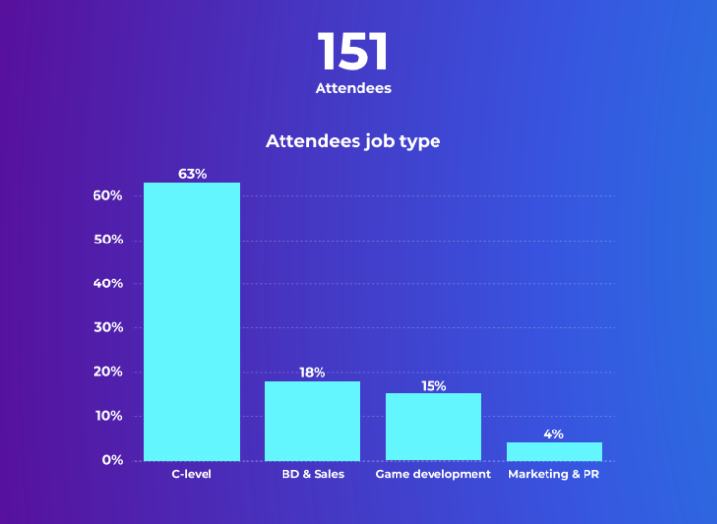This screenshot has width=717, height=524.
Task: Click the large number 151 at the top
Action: pyautogui.click(x=353, y=53)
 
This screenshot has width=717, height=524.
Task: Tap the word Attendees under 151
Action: pyautogui.click(x=353, y=88)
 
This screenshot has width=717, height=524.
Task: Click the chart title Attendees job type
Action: pyautogui.click(x=353, y=141)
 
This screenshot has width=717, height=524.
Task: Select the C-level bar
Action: pyautogui.click(x=192, y=321)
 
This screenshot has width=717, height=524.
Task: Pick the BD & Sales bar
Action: pyautogui.click(x=313, y=420)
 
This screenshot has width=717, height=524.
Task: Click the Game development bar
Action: pyautogui.click(x=434, y=427)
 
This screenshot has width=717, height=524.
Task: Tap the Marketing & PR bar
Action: pyautogui.click(x=554, y=451)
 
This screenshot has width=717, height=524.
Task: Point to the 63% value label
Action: pyautogui.click(x=192, y=174)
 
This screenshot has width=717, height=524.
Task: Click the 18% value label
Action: pyautogui.click(x=313, y=372)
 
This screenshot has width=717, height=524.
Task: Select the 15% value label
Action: pyautogui.click(x=434, y=386)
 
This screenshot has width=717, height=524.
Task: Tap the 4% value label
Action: pyautogui.click(x=553, y=434)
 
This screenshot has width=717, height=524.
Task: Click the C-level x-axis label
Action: pyautogui.click(x=192, y=475)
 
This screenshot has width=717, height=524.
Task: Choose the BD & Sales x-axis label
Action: pyautogui.click(x=313, y=475)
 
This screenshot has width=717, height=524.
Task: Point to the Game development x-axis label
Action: pyautogui.click(x=434, y=475)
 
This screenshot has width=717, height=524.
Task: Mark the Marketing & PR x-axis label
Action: pyautogui.click(x=554, y=475)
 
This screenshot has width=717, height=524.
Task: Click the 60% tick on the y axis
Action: pyautogui.click(x=107, y=196)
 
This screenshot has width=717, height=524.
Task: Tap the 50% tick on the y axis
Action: pyautogui.click(x=107, y=240)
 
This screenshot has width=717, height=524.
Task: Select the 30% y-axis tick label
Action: pyautogui.click(x=107, y=328)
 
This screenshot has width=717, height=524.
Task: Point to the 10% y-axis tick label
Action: pyautogui.click(x=107, y=416)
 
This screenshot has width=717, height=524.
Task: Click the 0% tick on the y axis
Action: pyautogui.click(x=111, y=460)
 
